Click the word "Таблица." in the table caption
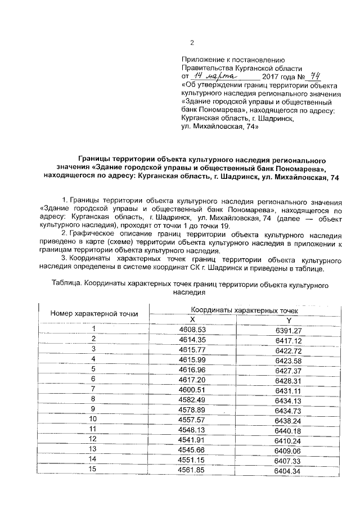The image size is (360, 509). coord(66,285)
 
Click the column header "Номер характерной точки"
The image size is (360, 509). coord(94,314)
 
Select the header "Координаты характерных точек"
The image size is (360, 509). coord(244,310)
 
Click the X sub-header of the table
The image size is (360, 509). coord(193,319)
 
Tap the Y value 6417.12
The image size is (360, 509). coord(289,341)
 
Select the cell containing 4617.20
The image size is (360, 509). coord(192,380)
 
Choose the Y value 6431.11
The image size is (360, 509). coord(289,390)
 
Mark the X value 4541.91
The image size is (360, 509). coord(192,439)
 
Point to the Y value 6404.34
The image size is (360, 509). coord(289,471)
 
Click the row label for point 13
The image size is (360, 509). coord(93,449)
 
